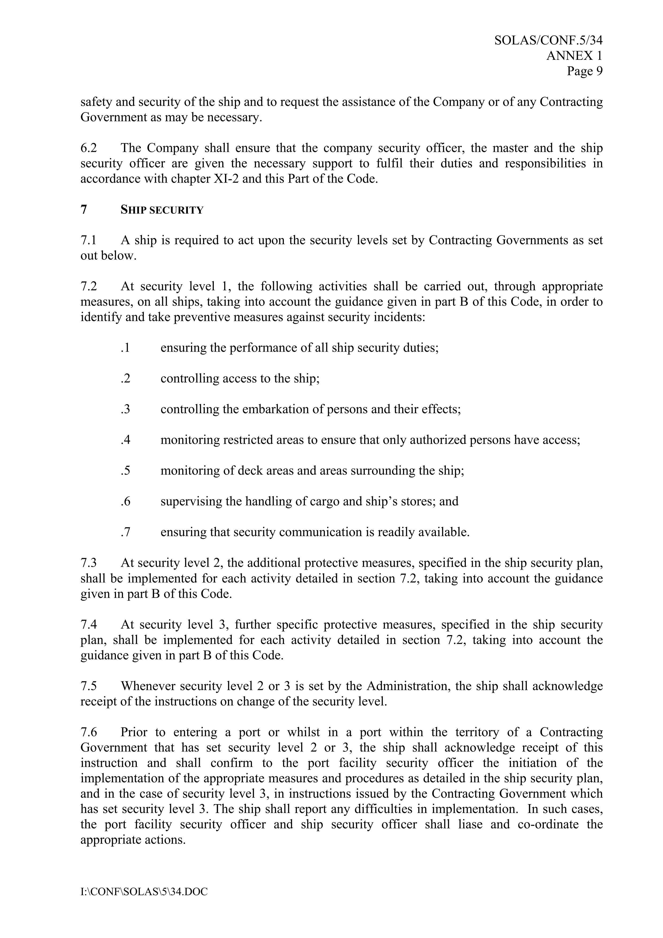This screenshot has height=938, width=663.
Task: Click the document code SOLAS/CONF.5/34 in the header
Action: click(548, 40)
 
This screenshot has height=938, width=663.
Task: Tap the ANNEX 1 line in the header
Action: click(574, 56)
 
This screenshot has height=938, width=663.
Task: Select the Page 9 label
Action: click(584, 71)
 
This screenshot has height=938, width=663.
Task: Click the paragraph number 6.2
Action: click(89, 148)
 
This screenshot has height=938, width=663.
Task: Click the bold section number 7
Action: click(84, 210)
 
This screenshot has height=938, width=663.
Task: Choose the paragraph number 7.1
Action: click(89, 240)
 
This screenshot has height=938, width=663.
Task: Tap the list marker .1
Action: click(125, 348)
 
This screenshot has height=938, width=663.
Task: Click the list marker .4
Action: click(125, 440)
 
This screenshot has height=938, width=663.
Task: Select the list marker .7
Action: click(125, 532)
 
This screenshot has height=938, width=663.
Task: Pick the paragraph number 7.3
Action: click(89, 563)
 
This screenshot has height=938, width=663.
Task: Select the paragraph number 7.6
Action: click(89, 732)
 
